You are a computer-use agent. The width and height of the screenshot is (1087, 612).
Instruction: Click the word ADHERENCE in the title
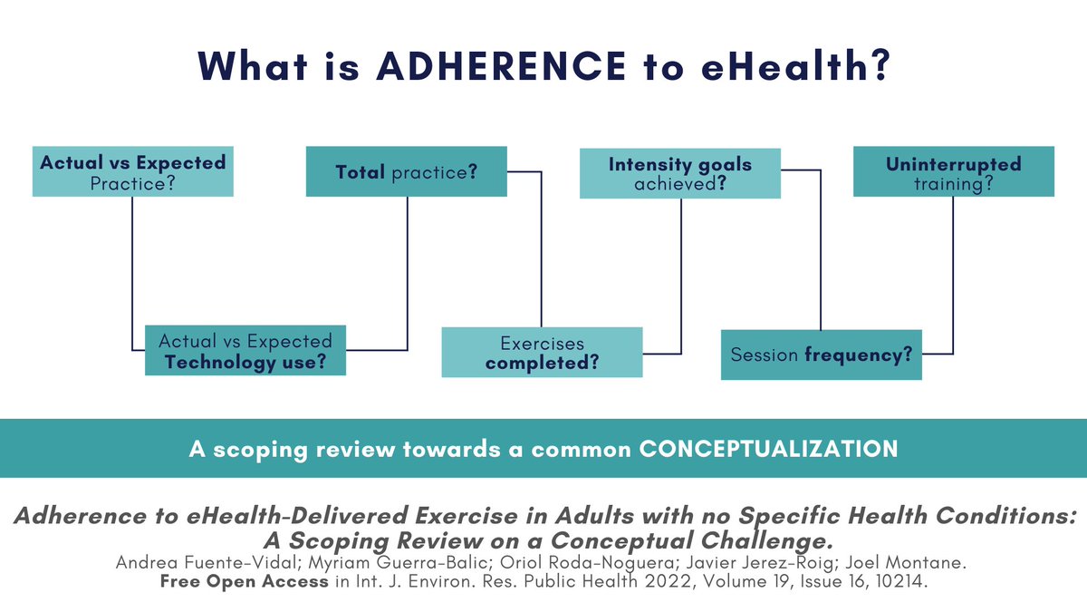click(x=499, y=67)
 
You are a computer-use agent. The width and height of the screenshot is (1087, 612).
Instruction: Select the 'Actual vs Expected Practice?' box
click(x=132, y=171)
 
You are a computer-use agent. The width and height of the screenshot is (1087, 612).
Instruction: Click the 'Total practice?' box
click(x=407, y=171)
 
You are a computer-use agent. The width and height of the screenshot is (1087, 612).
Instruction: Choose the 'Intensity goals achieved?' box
click(x=679, y=171)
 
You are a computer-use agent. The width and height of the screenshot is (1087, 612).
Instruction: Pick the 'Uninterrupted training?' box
click(x=953, y=171)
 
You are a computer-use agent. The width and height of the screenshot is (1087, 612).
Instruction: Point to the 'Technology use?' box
click(x=245, y=352)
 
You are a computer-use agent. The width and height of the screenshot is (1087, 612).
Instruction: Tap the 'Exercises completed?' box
click(x=542, y=353)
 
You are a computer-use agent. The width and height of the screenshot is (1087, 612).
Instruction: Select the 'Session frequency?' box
click(x=821, y=355)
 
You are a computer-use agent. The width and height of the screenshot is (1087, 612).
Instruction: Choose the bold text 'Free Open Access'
click(x=244, y=580)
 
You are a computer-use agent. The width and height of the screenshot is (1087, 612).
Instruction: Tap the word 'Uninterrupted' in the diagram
click(x=953, y=164)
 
